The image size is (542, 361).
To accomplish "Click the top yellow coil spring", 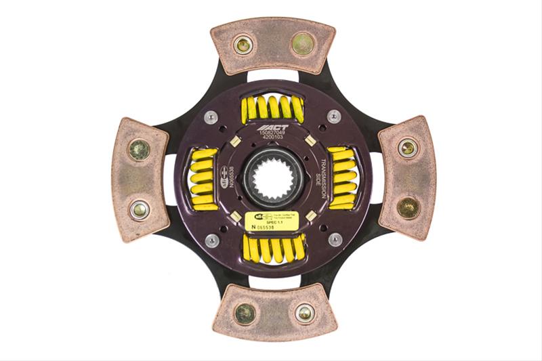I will tap(273, 107).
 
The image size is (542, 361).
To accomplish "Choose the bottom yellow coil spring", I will tap(274, 249).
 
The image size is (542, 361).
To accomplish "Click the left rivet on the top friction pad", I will tap(243, 45).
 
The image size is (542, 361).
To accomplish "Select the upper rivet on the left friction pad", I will tap(140, 149).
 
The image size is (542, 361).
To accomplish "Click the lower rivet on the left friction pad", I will tap(140, 209).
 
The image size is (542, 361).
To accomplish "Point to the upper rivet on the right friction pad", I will tap(407, 148).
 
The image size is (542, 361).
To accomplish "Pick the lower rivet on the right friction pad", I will tap(408, 207).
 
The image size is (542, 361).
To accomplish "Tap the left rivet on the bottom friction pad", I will tap(245, 313).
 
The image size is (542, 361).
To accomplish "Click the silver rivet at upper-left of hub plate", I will tap(212, 117).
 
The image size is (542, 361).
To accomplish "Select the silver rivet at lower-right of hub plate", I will tap(335, 239).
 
